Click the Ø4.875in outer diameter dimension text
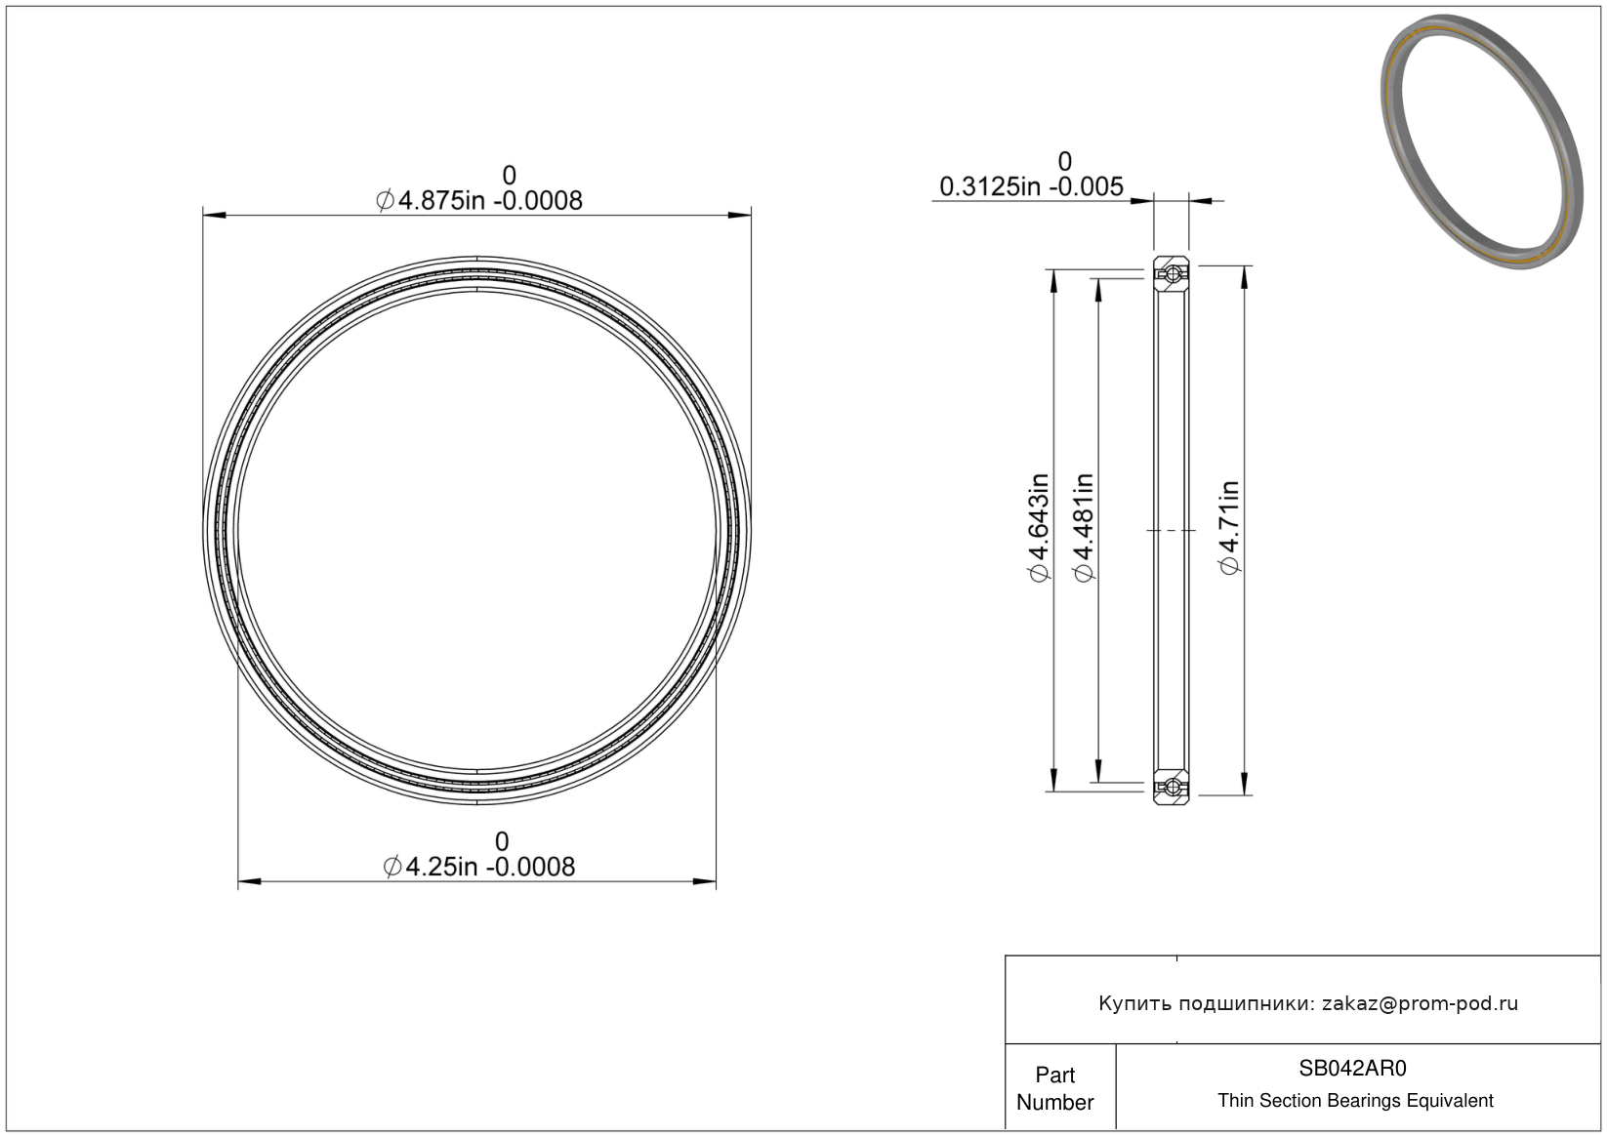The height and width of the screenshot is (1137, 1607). [479, 201]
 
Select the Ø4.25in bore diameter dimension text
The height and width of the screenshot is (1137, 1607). [479, 868]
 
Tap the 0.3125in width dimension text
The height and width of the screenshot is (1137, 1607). [1032, 187]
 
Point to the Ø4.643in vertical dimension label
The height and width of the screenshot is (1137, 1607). [1040, 528]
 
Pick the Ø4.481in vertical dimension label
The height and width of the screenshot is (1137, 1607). [1084, 528]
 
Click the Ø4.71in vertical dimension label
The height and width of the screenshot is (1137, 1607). [1229, 528]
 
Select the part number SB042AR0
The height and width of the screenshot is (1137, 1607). [1353, 1068]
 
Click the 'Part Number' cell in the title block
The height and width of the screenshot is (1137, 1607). [1055, 1088]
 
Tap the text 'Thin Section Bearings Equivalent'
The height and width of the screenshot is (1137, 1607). [1355, 1101]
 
